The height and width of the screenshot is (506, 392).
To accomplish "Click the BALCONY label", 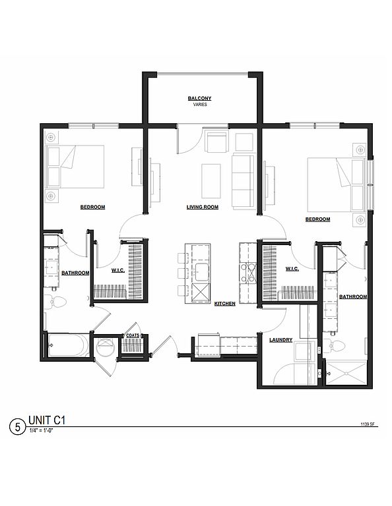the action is click(199, 98).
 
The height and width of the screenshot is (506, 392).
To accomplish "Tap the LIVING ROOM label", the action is click(203, 207).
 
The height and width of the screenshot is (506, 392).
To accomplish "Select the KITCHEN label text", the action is click(225, 304).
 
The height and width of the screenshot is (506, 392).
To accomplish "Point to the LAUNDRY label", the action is click(281, 340).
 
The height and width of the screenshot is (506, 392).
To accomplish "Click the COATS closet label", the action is click(133, 335).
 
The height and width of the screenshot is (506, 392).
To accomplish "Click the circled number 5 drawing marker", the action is click(17, 427).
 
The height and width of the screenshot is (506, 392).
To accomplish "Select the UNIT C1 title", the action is click(47, 420).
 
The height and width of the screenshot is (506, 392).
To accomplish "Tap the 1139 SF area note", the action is click(368, 425).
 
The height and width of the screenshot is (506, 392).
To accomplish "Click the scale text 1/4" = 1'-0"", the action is click(41, 430).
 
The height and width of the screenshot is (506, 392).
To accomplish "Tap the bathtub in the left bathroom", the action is click(69, 345).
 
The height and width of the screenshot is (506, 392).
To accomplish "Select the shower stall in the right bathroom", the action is click(346, 374).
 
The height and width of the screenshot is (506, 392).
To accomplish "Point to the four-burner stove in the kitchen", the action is click(248, 273).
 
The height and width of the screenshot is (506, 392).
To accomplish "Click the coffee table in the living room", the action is click(211, 181).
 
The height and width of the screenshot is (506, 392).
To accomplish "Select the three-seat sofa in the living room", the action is click(243, 182).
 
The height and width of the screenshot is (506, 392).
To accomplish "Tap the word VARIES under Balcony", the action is click(200, 105).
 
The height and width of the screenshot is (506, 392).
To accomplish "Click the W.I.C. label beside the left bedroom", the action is click(118, 270).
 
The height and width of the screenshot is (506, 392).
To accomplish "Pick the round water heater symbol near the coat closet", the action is click(106, 347).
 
